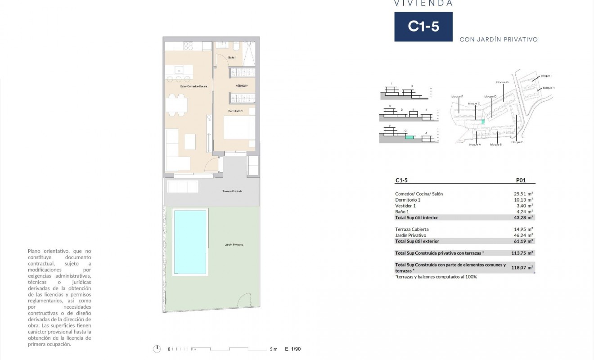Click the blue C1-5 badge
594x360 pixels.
point(423,27)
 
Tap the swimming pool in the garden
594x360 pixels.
point(190,242)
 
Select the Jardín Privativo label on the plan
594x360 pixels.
point(234,245)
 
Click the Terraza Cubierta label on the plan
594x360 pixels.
point(232,191)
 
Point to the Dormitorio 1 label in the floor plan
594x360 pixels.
point(235,111)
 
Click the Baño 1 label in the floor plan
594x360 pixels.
point(232,58)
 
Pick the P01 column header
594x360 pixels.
point(520,180)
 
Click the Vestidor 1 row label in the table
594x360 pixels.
point(405,206)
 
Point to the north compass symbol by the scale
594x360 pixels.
point(157,349)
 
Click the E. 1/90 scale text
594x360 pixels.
point(293,349)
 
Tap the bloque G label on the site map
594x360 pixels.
point(502,82)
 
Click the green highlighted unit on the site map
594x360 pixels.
point(483,121)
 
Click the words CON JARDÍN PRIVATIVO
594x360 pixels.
point(499,40)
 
